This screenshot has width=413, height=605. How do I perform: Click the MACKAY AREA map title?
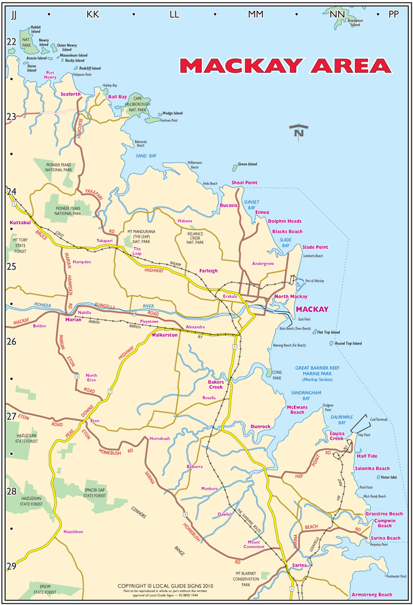[285, 66]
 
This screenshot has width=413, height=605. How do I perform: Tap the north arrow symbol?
[298, 131]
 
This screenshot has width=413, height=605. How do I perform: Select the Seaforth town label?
[71, 94]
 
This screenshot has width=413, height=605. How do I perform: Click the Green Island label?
[247, 165]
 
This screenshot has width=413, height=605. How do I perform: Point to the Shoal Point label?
[244, 183]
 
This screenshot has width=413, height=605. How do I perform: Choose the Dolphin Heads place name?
[284, 221]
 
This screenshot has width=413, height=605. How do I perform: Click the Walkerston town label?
[165, 335]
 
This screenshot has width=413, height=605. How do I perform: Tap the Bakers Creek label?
[215, 384]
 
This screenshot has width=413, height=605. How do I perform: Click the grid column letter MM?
[256, 14]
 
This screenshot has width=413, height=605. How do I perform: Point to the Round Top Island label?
[348, 343]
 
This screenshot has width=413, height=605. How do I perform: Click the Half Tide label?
[367, 456]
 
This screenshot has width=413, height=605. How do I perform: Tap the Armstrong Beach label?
[371, 595]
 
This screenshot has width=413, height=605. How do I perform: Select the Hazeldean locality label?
[73, 531]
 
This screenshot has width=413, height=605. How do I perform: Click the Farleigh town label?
[208, 270]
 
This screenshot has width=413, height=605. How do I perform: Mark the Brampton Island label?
[355, 23]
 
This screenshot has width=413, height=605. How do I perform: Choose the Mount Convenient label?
[254, 544]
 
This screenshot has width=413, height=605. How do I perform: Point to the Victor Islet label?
[388, 477]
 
